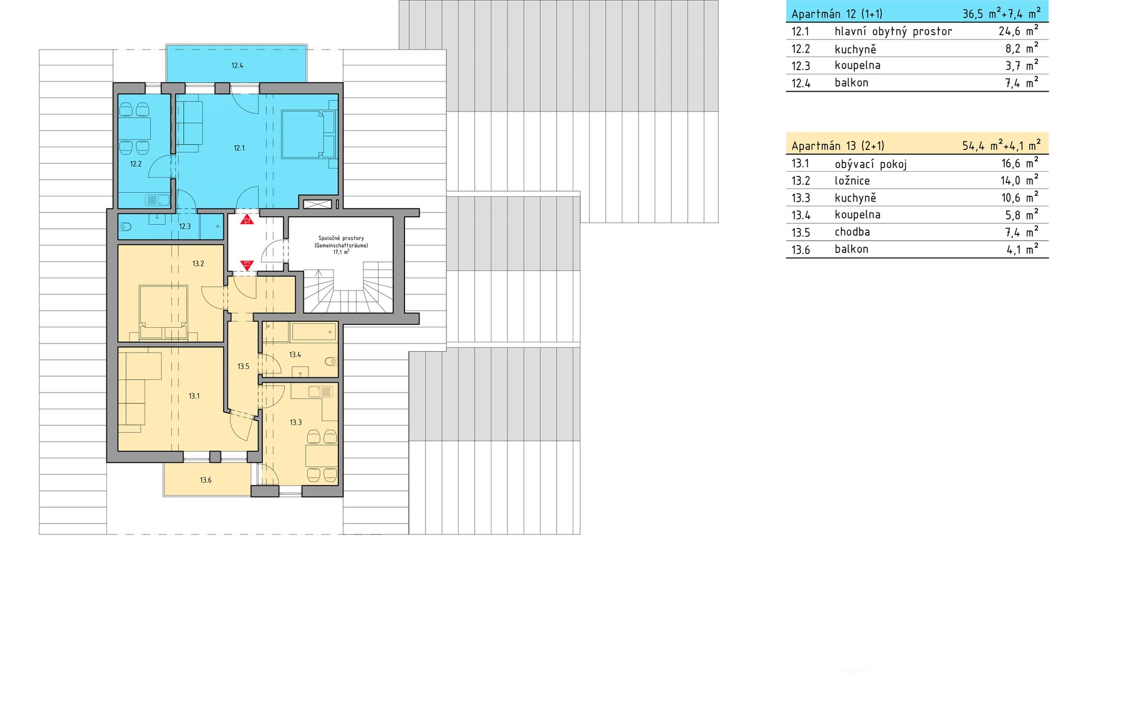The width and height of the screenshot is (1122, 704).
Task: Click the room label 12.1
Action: click(x=239, y=148)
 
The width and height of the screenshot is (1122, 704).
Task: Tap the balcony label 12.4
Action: click(x=237, y=66)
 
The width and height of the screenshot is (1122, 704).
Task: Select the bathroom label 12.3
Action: click(x=185, y=227)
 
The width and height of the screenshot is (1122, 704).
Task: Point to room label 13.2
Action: click(x=198, y=264)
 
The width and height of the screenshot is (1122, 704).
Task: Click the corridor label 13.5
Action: click(x=243, y=367)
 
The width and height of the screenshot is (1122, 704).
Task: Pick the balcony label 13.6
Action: click(x=206, y=481)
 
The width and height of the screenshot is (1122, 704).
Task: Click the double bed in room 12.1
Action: click(x=309, y=134)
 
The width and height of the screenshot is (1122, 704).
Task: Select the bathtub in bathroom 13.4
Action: click(x=314, y=332)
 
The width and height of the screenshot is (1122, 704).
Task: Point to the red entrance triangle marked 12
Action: click(x=247, y=220)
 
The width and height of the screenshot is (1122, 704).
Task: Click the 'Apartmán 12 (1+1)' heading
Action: click(x=837, y=14)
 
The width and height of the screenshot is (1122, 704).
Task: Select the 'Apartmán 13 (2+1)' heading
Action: click(x=837, y=146)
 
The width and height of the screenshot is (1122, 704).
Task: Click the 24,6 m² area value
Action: click(x=1019, y=30)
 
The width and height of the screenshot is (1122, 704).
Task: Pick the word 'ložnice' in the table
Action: click(x=852, y=181)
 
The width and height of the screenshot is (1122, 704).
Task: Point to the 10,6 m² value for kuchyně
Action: click(x=1020, y=197)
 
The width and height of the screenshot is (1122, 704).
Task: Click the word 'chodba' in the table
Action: click(x=852, y=232)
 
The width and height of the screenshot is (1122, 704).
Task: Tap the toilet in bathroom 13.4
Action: click(x=331, y=362)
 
